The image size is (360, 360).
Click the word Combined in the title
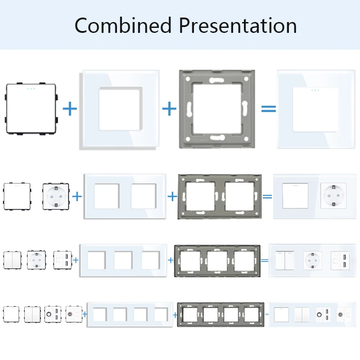pyautogui.click(x=123, y=25)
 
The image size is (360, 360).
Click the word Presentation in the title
pyautogui.click(x=238, y=25)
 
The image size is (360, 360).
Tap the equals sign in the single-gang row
pyautogui.click(x=269, y=109)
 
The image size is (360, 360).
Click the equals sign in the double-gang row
pyautogui.click(x=267, y=197)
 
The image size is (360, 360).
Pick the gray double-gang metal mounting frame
pyautogui.click(x=220, y=179)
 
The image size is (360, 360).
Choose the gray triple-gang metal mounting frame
pyautogui.click(x=217, y=248)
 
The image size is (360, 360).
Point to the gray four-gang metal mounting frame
pyautogui.click(x=220, y=305)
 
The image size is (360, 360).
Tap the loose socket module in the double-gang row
pyautogui.click(x=56, y=196)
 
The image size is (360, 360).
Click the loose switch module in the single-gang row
pyautogui.click(x=31, y=109)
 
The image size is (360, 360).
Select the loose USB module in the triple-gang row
pyautogui.click(x=63, y=260)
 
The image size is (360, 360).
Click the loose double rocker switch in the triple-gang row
pyautogui.click(x=13, y=260)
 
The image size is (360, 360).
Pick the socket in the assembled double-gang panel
pyautogui.click(x=333, y=196)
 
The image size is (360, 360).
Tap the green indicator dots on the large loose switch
pyautogui.click(x=31, y=89)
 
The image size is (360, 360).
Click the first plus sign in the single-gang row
pyautogui.click(x=70, y=109)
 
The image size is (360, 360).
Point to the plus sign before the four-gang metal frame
pyautogui.click(x=175, y=315)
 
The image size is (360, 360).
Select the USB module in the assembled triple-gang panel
pyautogui.click(x=340, y=261)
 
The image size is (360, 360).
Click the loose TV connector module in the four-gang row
pyautogui.click(x=74, y=314)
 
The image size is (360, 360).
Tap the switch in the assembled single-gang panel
pyautogui.click(x=315, y=110)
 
